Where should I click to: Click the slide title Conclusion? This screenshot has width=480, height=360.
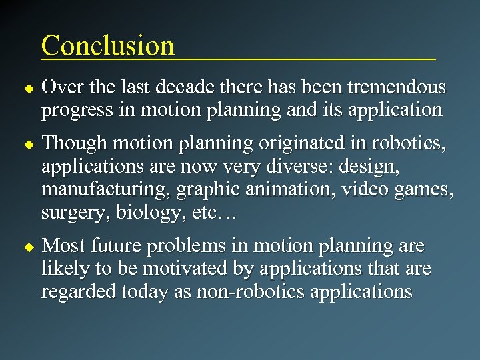click(x=107, y=45)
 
